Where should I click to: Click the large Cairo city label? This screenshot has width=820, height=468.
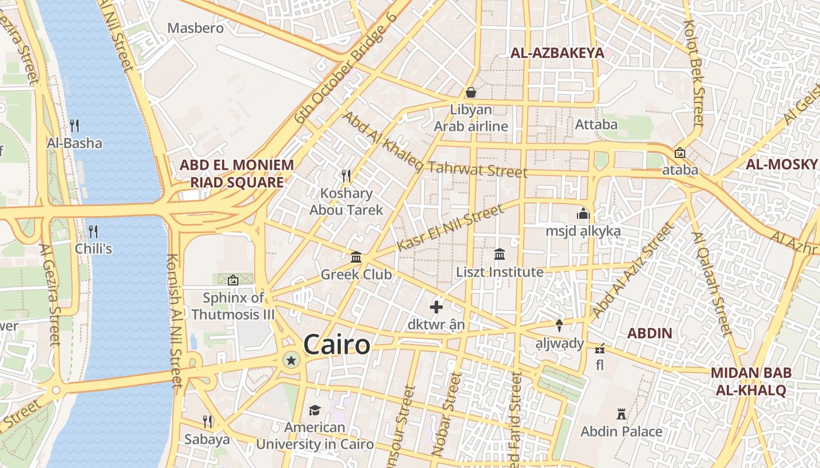tap(337, 345)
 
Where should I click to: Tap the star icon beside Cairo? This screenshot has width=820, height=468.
tap(291, 360)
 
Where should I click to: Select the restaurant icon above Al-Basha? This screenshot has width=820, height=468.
tap(74, 126)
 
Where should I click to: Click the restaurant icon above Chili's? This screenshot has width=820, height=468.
tap(93, 231)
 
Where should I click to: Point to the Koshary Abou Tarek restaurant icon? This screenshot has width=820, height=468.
tap(346, 175)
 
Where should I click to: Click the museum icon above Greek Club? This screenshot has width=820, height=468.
tap(356, 257)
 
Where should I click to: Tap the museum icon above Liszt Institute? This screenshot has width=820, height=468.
tap(500, 254)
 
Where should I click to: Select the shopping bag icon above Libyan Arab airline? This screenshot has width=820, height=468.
tap(470, 92)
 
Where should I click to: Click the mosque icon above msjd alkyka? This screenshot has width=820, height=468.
tap(583, 214)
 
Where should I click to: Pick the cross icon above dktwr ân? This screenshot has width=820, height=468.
tap(436, 307)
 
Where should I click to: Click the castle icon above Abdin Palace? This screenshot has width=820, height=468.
tap(621, 414)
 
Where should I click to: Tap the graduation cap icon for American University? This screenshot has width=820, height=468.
tap(315, 410)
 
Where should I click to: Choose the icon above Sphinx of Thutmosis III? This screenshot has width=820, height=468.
tap(233, 280)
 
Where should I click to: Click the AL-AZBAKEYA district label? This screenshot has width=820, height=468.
tap(557, 53)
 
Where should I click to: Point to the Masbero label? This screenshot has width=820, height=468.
tap(196, 28)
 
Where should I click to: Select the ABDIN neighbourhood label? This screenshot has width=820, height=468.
tap(650, 333)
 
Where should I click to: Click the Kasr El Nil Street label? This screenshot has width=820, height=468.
tap(450, 228)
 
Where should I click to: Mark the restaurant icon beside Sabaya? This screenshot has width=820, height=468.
tap(207, 421)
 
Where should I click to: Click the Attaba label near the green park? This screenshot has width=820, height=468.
tap(596, 124)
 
